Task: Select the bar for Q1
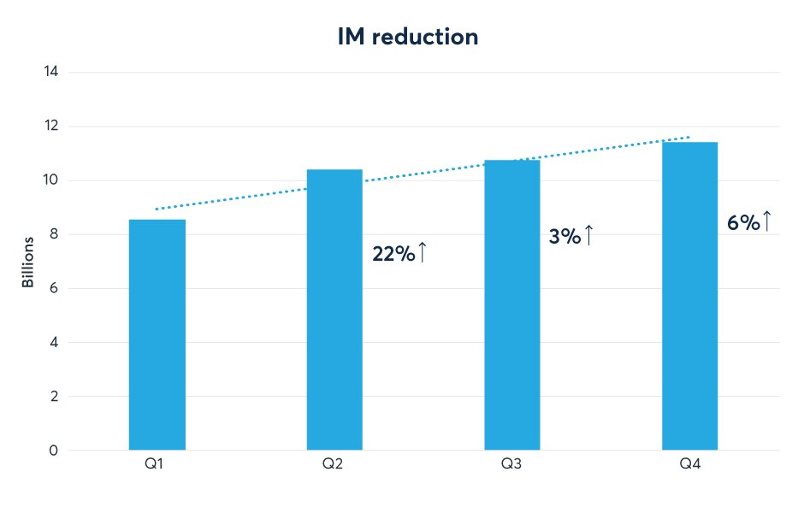click(157, 334)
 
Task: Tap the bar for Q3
click(512, 304)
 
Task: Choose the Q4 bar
click(690, 296)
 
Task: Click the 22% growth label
click(393, 254)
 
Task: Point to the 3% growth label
click(565, 237)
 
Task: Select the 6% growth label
click(742, 223)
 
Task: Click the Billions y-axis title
click(28, 262)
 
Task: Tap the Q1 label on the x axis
click(157, 465)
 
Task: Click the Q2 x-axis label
click(334, 465)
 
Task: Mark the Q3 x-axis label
click(512, 465)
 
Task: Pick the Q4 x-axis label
click(690, 465)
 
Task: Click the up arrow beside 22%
click(422, 253)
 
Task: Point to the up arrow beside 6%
click(767, 221)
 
